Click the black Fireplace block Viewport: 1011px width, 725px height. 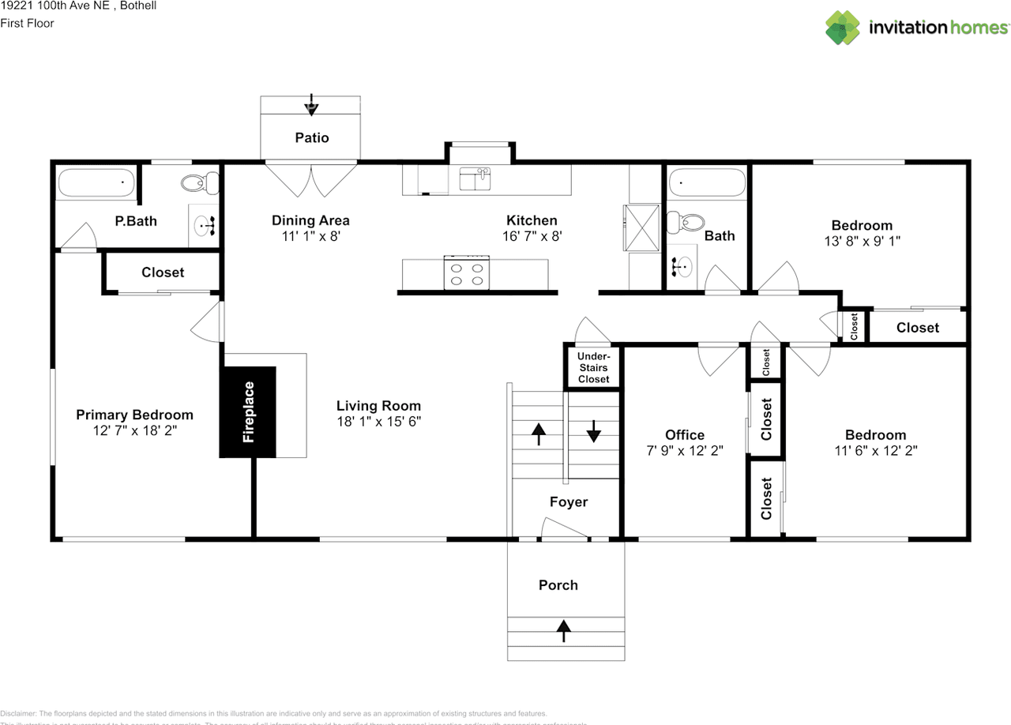[248, 411]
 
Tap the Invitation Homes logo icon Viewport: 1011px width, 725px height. [843, 28]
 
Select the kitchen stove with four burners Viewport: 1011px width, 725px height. [466, 273]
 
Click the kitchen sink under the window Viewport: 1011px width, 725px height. [475, 179]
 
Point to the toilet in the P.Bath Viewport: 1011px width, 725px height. [199, 184]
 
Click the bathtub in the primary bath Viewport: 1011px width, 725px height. [96, 184]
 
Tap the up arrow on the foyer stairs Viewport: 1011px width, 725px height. [539, 433]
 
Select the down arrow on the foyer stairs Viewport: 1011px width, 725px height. [594, 431]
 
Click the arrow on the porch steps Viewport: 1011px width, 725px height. [564, 629]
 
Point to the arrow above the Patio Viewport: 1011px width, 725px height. [312, 104]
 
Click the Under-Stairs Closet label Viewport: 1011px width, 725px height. [593, 368]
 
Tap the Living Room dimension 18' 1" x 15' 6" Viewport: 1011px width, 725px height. [379, 422]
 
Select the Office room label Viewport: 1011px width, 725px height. [685, 435]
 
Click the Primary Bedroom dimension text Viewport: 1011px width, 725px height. [134, 430]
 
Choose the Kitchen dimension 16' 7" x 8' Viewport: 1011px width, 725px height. [532, 235]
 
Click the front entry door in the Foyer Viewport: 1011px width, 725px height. [565, 532]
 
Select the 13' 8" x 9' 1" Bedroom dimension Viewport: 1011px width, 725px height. [862, 241]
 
